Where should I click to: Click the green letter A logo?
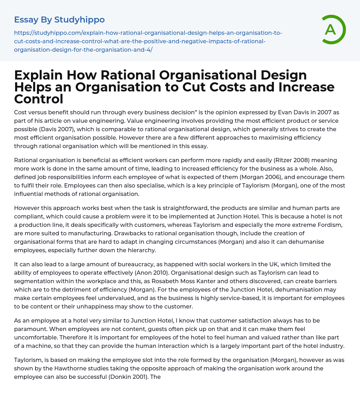[x=331, y=30]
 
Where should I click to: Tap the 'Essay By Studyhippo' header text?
[x=59, y=20]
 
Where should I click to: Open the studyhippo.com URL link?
[x=148, y=41]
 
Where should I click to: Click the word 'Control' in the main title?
[x=39, y=99]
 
